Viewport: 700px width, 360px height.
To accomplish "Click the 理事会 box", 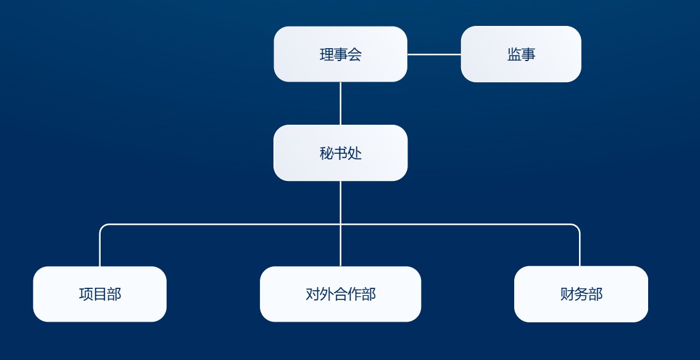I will click(x=340, y=54).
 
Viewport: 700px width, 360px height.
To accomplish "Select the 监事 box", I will click(x=521, y=54).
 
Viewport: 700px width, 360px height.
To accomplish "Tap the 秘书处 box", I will click(x=340, y=153).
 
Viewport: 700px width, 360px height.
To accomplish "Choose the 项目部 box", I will click(x=100, y=294).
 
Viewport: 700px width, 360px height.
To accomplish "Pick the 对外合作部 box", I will click(x=340, y=294).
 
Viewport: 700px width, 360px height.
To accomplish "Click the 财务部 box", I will click(x=581, y=294).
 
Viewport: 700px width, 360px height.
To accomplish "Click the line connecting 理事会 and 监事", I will click(x=434, y=54).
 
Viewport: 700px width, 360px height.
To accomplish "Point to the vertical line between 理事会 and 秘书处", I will click(x=340, y=103).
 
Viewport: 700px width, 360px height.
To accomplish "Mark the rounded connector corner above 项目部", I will click(x=102, y=227).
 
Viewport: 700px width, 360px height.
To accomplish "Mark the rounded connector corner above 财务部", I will click(x=578, y=227).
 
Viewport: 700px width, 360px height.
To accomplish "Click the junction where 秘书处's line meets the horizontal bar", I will click(x=340, y=225).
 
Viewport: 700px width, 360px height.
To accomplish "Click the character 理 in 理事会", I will click(x=327, y=54).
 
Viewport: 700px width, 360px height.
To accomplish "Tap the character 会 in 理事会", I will click(x=354, y=54).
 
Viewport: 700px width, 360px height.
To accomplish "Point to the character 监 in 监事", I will click(x=514, y=54).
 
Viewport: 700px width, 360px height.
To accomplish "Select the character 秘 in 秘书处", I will click(x=327, y=153).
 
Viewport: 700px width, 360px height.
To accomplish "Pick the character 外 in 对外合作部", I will click(x=327, y=294).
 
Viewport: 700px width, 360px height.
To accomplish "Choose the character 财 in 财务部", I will click(x=567, y=294).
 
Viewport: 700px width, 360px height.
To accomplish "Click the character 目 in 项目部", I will click(x=100, y=294).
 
